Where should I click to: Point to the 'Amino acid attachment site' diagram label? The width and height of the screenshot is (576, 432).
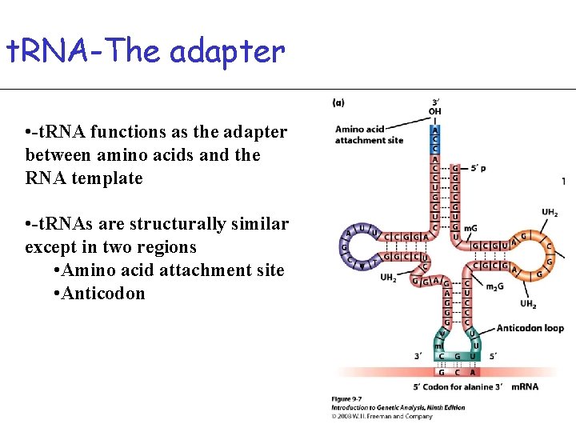click(370, 134)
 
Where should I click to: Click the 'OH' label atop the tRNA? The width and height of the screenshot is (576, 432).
click(434, 112)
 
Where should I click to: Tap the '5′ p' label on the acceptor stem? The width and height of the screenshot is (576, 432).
click(478, 168)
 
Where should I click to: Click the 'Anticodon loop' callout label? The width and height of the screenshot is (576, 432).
click(530, 328)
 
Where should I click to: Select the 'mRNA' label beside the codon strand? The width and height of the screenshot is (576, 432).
click(524, 386)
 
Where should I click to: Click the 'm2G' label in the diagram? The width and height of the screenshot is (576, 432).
click(496, 286)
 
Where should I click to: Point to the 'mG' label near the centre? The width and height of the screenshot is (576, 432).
click(470, 229)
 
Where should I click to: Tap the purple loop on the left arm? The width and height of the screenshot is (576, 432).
click(352, 246)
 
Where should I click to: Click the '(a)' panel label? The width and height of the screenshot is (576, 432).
click(339, 102)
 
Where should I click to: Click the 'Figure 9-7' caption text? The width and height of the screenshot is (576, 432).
click(349, 399)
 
